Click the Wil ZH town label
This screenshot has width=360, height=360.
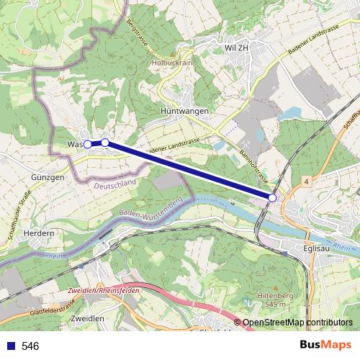[x=237, y=48]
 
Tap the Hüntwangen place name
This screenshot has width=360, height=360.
[x=184, y=112]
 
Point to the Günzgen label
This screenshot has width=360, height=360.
[x=48, y=176]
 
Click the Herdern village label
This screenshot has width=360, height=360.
[x=39, y=233]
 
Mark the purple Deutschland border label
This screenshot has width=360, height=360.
[x=114, y=184]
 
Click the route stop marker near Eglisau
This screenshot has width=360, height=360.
[x=272, y=197]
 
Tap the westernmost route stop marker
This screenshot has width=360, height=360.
[x=88, y=144]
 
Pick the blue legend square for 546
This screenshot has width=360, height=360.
[x=11, y=346]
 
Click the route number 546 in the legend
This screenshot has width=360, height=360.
[x=30, y=346]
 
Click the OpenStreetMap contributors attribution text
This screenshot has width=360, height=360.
[x=297, y=323]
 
